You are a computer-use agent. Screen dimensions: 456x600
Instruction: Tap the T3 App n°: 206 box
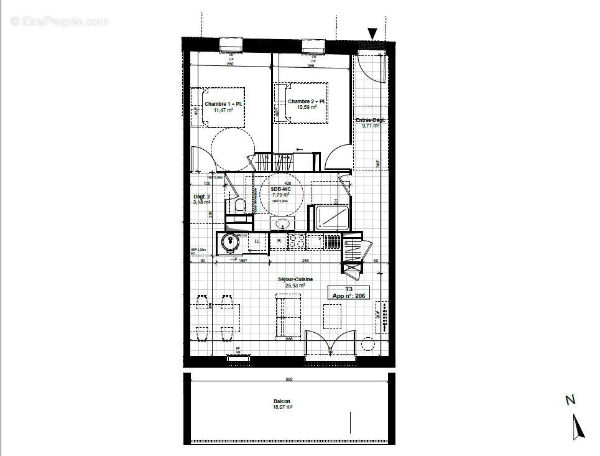coord(349,292)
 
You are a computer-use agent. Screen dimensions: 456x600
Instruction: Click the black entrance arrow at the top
coord(372,34)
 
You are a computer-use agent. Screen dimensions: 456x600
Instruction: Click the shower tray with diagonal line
coord(332,218)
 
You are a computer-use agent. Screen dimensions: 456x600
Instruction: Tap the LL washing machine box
coord(257,241)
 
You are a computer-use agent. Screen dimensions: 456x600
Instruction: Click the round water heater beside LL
coord(231,241)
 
